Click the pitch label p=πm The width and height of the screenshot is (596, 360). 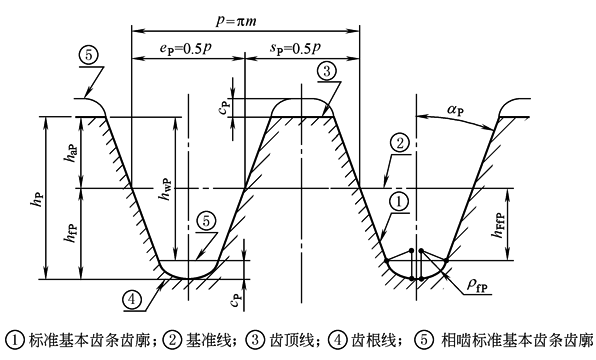pos(236,20)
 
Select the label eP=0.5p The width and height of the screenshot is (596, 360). pos(185,49)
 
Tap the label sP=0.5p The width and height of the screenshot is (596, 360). pos(295,49)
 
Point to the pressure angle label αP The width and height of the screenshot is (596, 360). pos(455,110)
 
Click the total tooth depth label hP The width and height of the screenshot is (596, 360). pos(38,198)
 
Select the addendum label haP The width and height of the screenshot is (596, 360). pos(72,153)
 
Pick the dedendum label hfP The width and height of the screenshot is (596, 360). pos(72,232)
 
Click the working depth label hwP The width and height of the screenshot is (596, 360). pos(166,189)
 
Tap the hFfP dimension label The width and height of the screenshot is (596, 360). pos(498,225)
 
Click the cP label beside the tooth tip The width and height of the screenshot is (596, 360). pos(224,107)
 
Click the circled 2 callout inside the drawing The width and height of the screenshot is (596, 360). pos(400,144)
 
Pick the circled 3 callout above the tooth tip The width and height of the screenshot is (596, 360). pos(327,71)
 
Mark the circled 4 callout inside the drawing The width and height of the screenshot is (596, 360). pos(132,300)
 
